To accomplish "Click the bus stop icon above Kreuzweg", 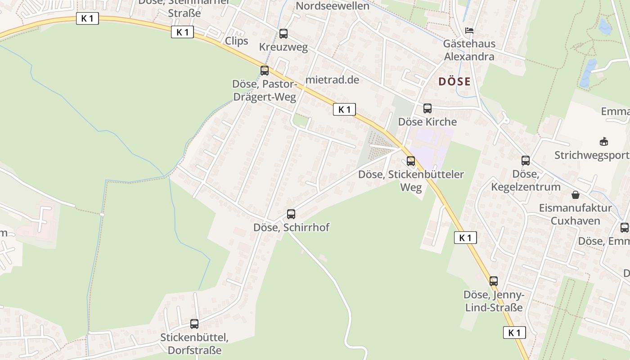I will point(283,34).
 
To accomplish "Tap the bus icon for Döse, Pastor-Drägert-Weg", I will point(265,71).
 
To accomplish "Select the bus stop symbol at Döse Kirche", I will point(427,108).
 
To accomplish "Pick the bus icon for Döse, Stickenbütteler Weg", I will point(411,161).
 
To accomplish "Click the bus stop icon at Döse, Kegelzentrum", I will point(526,161).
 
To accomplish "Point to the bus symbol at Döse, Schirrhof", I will point(291,214).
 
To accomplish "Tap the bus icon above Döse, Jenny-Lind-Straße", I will point(494,281).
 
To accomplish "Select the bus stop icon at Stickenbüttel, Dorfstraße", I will point(194,324).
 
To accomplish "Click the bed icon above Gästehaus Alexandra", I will point(469,31).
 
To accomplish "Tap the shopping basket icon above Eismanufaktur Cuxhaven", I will point(576,195).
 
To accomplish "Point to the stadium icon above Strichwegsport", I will point(604,142).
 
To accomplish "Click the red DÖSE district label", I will point(454,82).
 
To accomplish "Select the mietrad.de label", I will point(332,80).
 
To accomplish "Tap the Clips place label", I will point(237,41).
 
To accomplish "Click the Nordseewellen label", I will point(333,6).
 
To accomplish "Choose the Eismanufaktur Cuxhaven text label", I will point(576,214).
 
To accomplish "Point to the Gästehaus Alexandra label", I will point(469,50).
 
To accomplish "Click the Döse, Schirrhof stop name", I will point(291,228).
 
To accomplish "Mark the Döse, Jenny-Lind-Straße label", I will point(494,301).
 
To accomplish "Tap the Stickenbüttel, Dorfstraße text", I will point(194,344).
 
